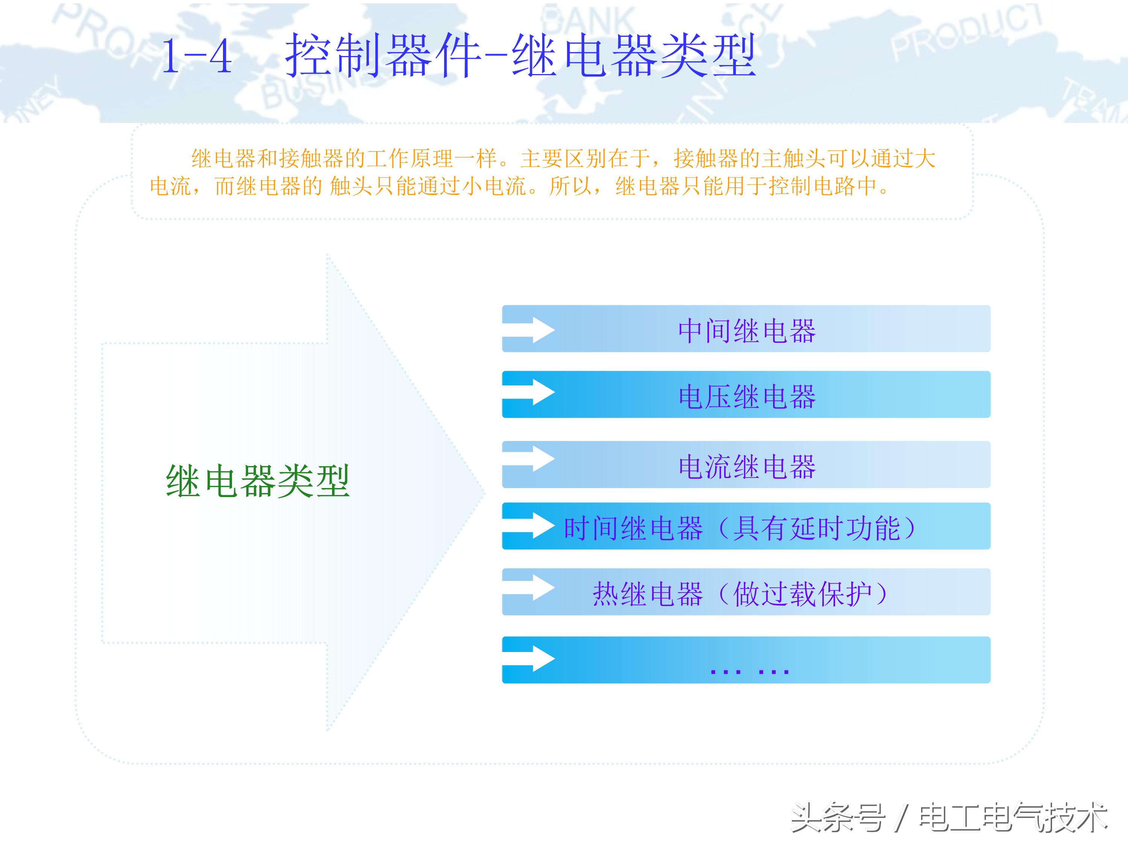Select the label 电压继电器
747,396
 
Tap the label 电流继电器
747,466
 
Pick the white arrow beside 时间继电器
530,525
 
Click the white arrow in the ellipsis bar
530,659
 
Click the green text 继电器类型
258,481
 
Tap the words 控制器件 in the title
382,56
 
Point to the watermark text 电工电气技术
1013,817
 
